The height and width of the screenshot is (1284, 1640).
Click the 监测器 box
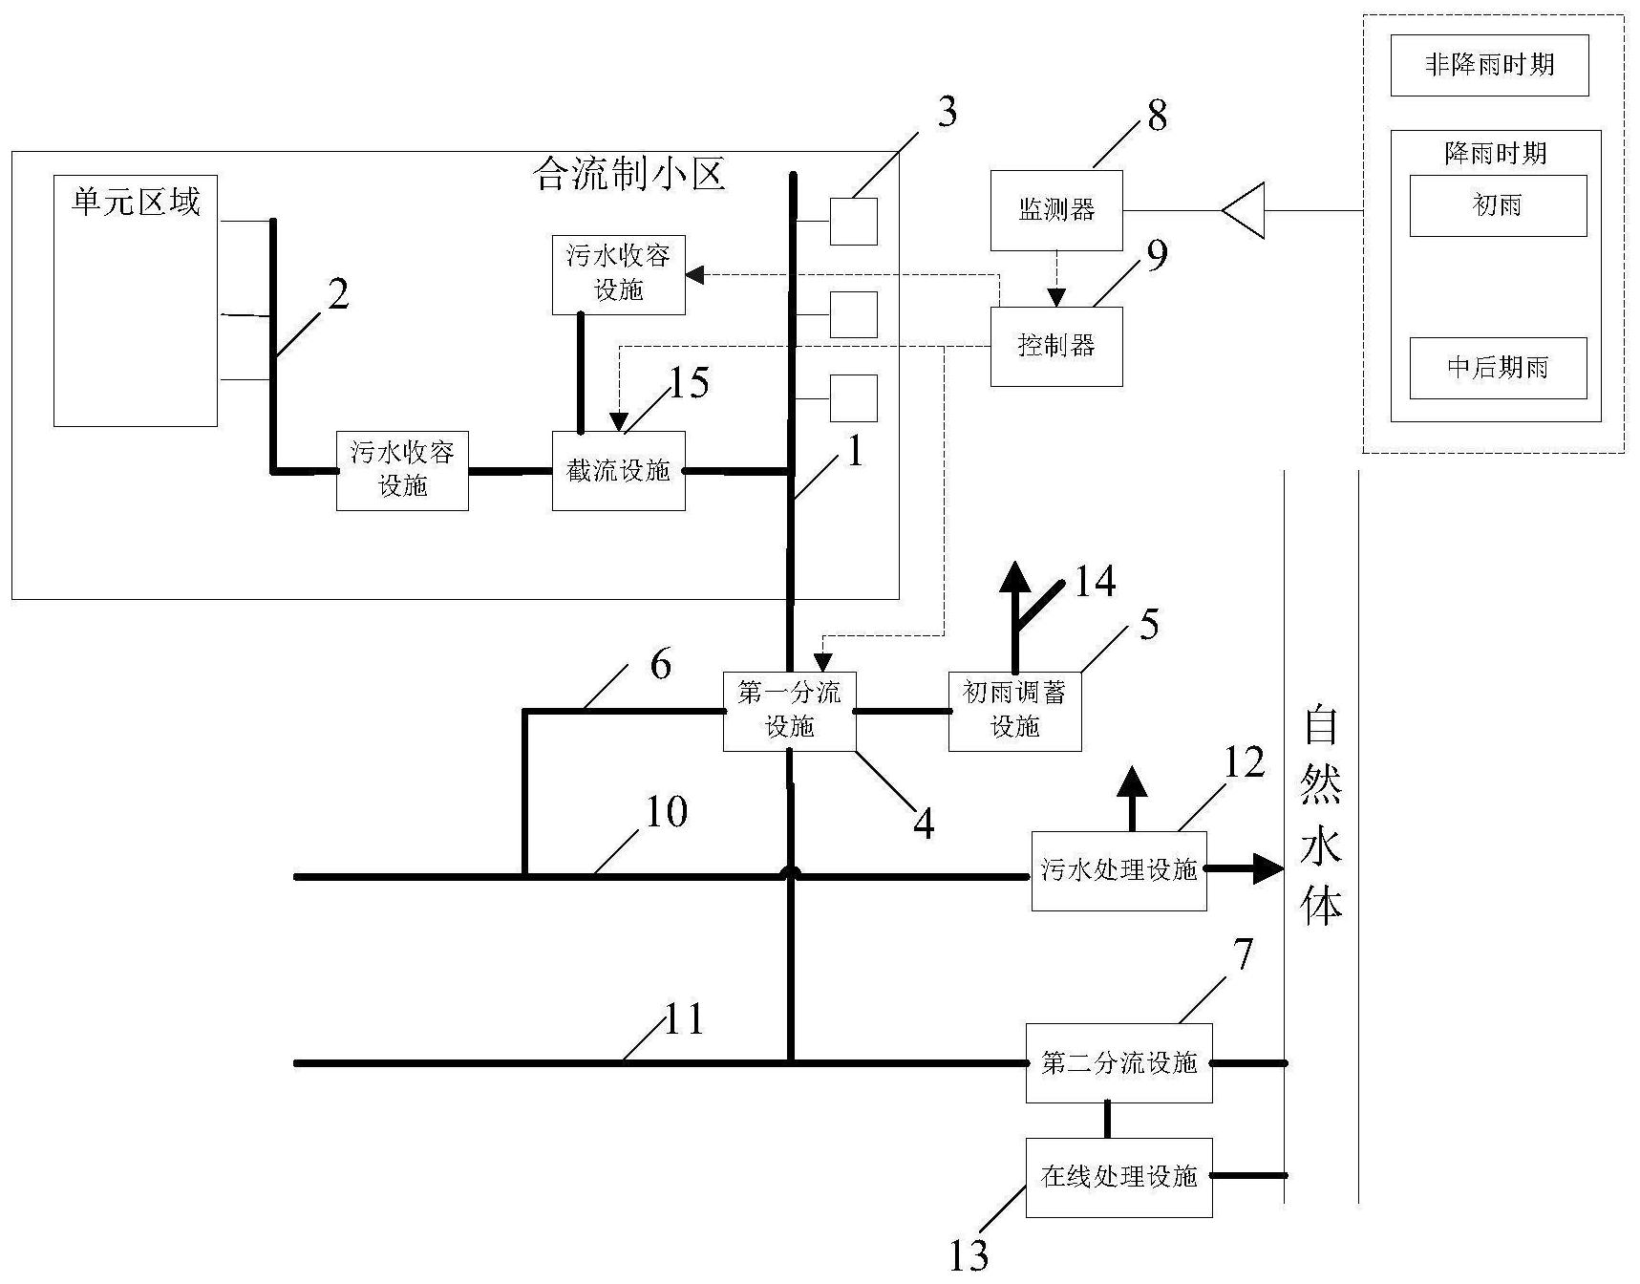click(x=1055, y=210)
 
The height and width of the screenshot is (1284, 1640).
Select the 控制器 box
click(x=1055, y=346)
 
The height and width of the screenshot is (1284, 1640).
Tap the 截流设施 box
click(x=618, y=470)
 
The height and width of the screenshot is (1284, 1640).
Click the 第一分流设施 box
click(x=789, y=711)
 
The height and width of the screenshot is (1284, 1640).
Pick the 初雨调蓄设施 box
click(x=1014, y=711)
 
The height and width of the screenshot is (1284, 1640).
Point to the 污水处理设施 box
click(x=1118, y=870)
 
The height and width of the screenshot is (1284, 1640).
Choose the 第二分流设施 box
click(x=1118, y=1063)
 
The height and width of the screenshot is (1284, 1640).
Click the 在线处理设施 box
click(x=1118, y=1177)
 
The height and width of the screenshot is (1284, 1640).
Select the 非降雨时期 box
click(x=1489, y=65)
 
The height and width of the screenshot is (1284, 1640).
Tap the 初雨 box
click(x=1498, y=205)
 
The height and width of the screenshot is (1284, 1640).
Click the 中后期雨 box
click(x=1498, y=368)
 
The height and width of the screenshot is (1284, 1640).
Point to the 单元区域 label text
click(x=136, y=203)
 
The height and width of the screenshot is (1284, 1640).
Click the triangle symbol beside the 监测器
click(x=1246, y=210)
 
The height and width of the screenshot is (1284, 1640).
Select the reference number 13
click(x=969, y=1254)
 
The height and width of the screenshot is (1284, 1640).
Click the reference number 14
click(x=1095, y=581)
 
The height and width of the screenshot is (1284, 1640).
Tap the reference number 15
click(x=689, y=383)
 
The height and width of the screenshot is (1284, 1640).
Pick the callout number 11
click(x=684, y=1020)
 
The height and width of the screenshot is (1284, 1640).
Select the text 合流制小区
click(x=630, y=175)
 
